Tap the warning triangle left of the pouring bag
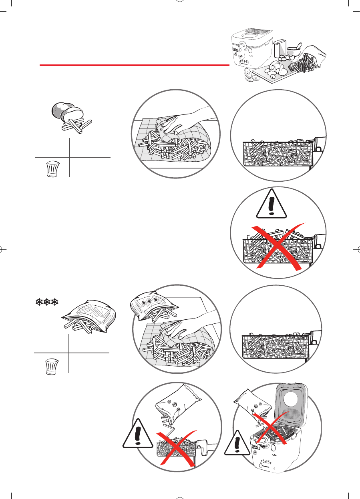click(137, 434)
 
